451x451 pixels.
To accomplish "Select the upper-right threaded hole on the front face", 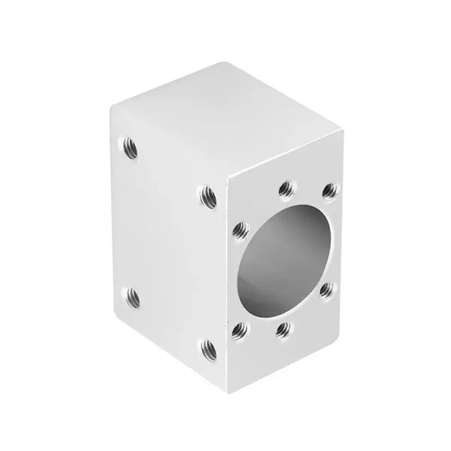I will point(330,190).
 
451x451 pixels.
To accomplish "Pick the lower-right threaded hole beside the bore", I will point(327,290).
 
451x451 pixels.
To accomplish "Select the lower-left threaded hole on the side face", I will point(131,295).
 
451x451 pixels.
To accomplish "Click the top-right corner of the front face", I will point(343,132).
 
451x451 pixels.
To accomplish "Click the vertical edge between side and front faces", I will point(226,282).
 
